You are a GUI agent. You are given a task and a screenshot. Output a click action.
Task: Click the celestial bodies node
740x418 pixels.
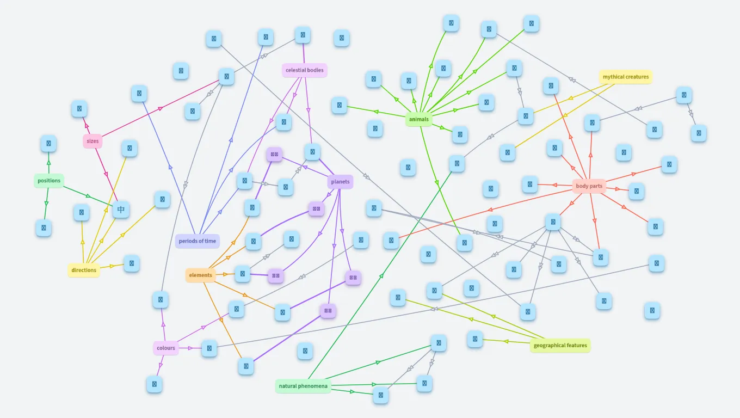point(305,70)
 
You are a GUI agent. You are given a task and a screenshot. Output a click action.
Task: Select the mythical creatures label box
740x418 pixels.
point(626,77)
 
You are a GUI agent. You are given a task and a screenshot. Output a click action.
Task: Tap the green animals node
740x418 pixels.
point(418,119)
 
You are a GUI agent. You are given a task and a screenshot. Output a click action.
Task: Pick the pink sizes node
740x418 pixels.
point(92,141)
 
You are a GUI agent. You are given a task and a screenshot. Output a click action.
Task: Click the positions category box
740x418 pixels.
point(49,181)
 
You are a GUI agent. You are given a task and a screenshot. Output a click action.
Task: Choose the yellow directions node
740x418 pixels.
point(84,270)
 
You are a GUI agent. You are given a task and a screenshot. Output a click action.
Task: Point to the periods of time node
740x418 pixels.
point(198,241)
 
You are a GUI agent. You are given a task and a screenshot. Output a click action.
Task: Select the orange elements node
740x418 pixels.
point(201,275)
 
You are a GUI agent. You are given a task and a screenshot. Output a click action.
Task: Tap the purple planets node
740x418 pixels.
point(340,181)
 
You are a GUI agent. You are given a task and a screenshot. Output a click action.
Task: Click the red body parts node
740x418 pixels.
point(589,186)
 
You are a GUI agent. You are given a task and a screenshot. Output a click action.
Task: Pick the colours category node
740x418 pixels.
point(166,348)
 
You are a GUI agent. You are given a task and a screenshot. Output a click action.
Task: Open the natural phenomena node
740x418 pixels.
point(303,386)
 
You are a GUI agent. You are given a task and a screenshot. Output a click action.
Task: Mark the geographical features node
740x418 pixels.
point(560,346)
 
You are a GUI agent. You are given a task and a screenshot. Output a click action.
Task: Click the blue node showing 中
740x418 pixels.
point(121,210)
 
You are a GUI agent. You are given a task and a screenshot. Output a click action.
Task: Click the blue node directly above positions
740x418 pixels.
point(48,144)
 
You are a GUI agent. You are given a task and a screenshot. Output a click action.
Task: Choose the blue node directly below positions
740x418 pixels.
point(44,228)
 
